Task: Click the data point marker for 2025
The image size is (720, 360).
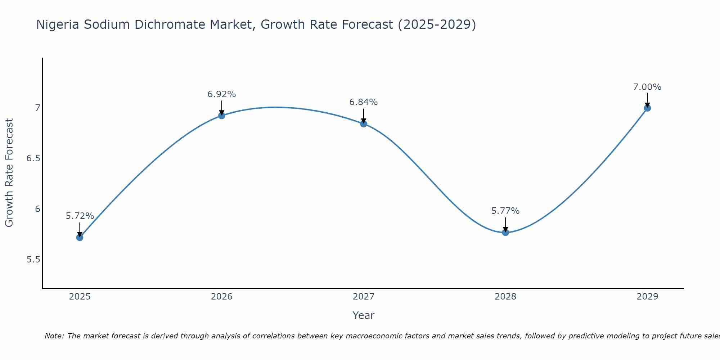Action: click(x=80, y=237)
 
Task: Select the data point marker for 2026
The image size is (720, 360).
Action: click(x=222, y=116)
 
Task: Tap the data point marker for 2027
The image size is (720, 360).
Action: click(x=364, y=124)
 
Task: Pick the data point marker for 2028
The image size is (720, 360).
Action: click(x=505, y=232)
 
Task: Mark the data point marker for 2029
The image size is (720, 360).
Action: click(x=647, y=108)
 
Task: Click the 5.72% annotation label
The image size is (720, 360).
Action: click(x=80, y=216)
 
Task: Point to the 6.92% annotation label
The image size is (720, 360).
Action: click(x=222, y=94)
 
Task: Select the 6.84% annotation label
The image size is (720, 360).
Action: click(x=364, y=102)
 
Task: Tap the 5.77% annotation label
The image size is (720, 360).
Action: click(x=505, y=211)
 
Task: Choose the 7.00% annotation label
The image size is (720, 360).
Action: click(x=647, y=87)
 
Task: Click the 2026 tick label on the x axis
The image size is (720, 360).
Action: click(x=222, y=297)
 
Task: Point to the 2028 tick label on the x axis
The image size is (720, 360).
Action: click(x=505, y=297)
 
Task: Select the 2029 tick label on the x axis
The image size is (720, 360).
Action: click(x=647, y=297)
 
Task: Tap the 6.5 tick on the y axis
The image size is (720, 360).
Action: click(x=33, y=158)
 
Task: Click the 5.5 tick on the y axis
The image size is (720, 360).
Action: click(x=33, y=260)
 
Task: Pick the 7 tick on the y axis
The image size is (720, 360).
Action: click(x=37, y=108)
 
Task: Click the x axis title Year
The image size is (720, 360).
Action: click(x=364, y=315)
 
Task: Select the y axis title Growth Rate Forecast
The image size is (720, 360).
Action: click(x=9, y=173)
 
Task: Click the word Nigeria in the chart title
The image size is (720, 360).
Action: click(x=58, y=25)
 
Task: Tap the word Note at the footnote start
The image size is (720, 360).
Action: click(x=54, y=336)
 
